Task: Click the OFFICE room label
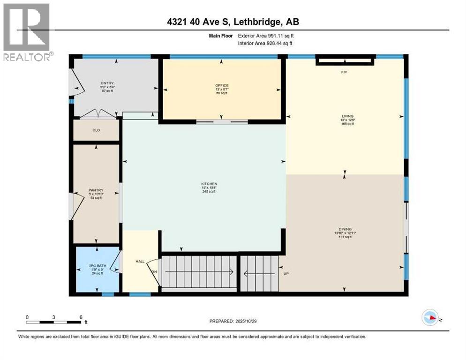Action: click(x=221, y=85)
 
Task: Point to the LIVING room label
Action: click(x=347, y=116)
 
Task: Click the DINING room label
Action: click(x=345, y=229)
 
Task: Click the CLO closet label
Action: click(x=97, y=131)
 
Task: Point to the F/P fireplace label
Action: click(x=344, y=73)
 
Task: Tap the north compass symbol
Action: click(x=431, y=317)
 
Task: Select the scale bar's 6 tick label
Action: click(x=81, y=316)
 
